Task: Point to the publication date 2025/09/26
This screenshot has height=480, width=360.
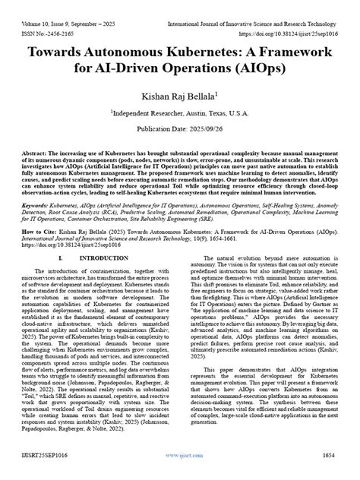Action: [x=180, y=128]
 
